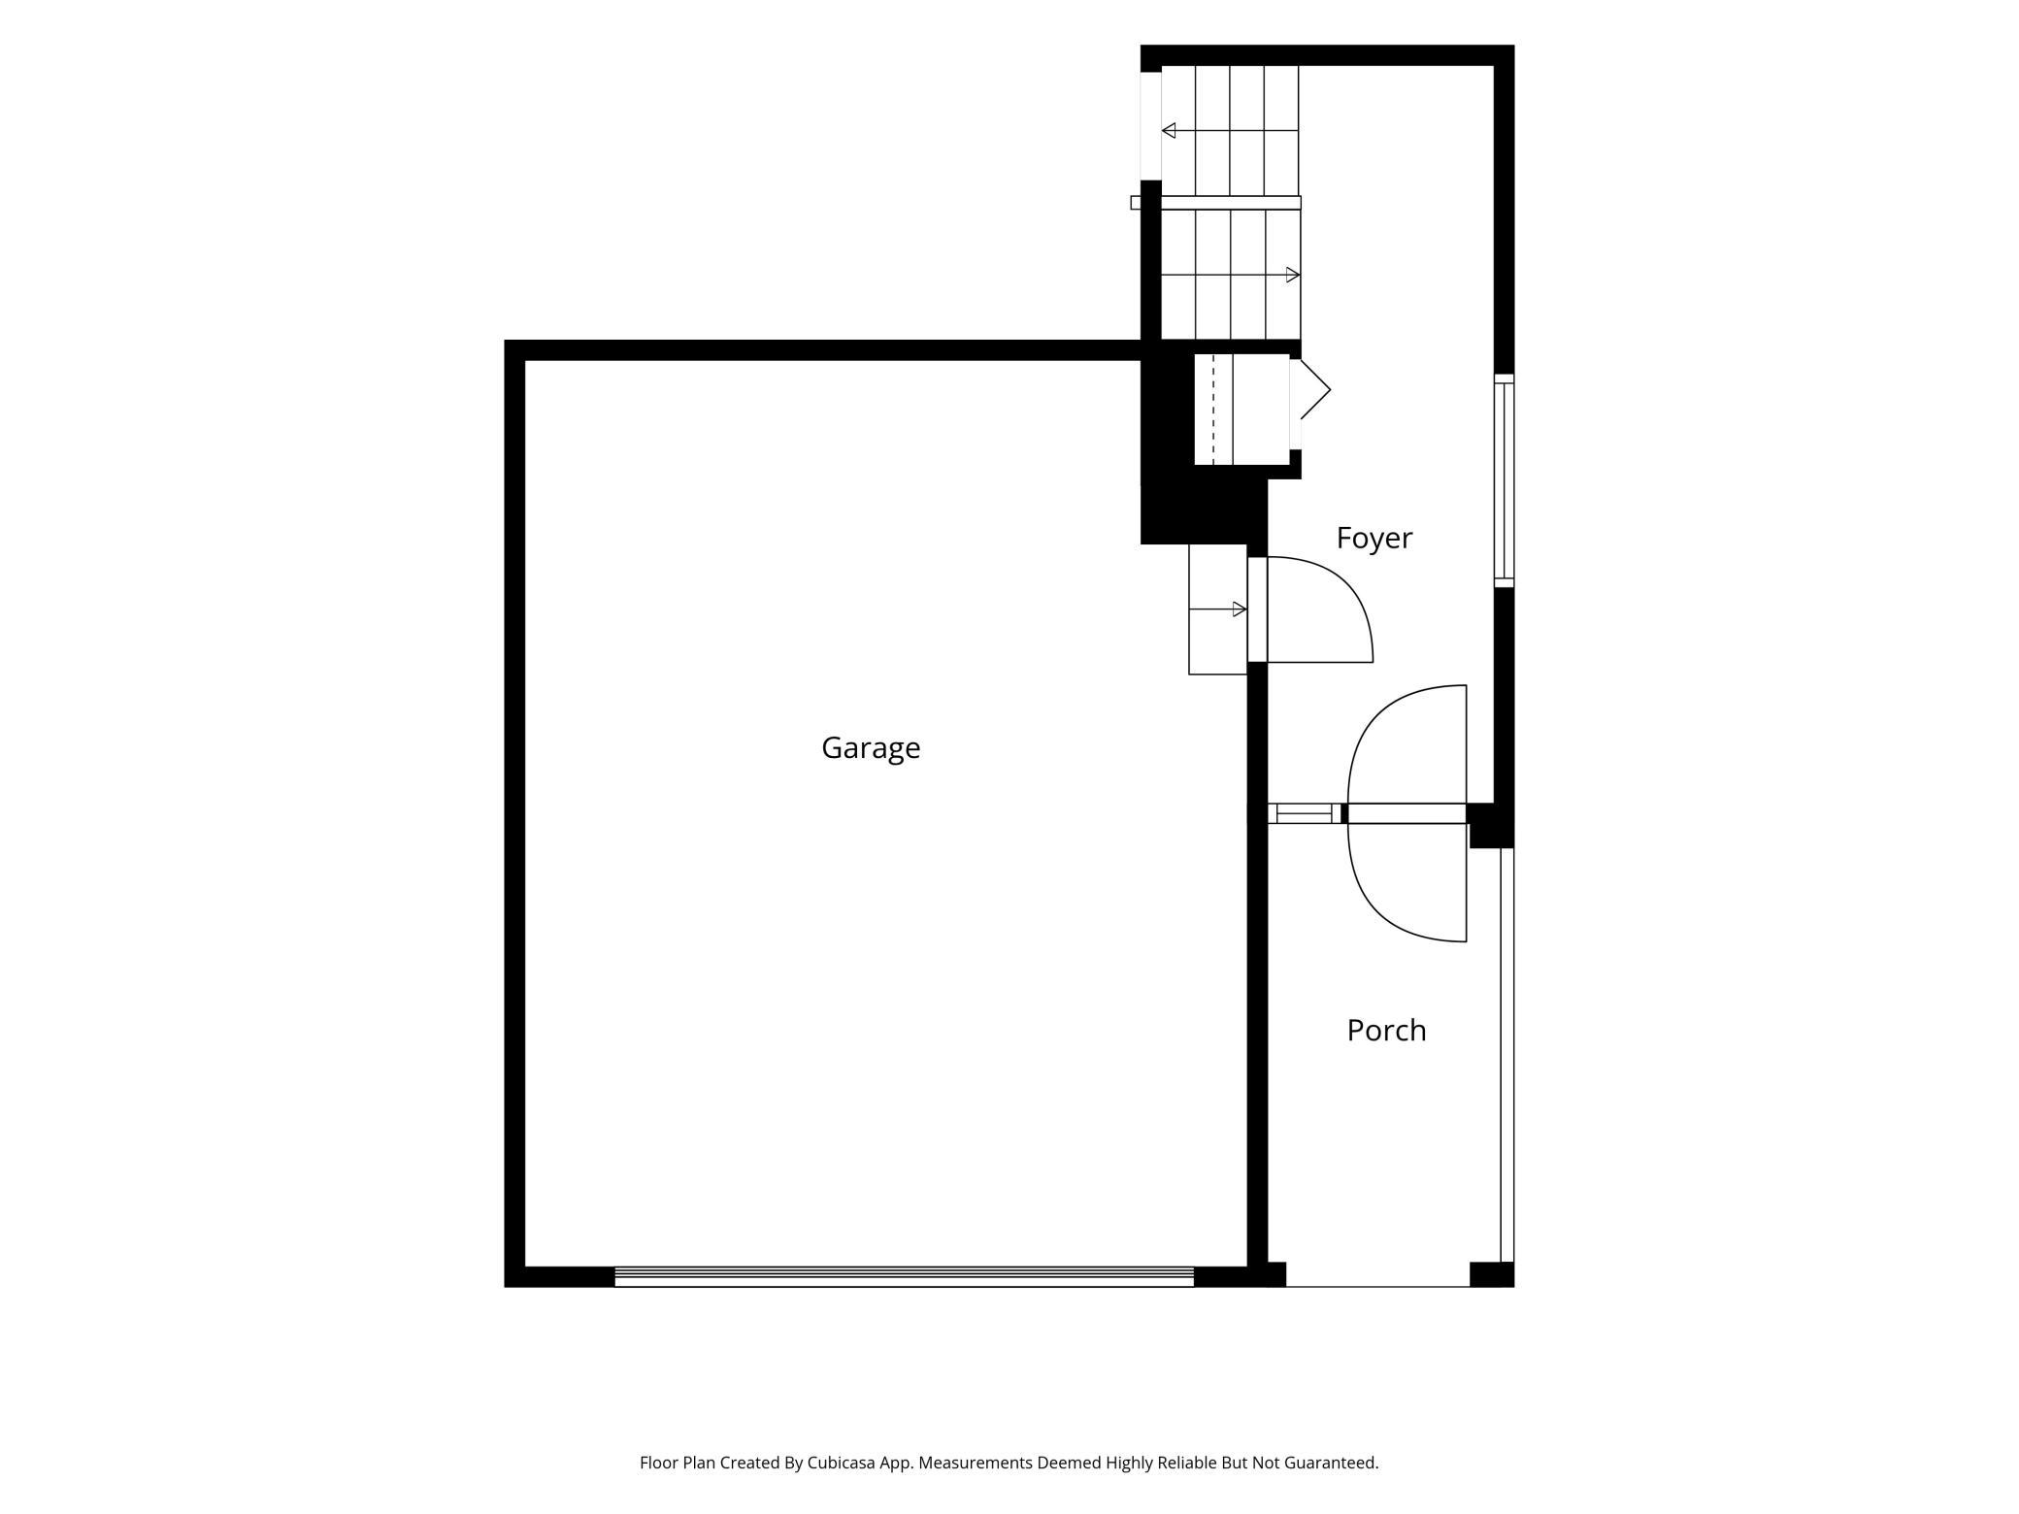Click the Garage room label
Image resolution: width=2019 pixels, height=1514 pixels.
(871, 747)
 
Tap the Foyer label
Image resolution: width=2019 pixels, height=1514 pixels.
(1374, 538)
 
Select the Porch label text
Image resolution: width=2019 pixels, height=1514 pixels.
(1386, 1030)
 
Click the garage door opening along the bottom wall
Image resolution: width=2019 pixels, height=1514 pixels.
(904, 1276)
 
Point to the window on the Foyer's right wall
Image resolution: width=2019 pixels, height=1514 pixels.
(1504, 481)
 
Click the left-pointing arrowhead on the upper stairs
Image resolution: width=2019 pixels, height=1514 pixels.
(1169, 130)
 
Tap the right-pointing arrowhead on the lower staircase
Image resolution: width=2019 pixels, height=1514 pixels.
(1293, 275)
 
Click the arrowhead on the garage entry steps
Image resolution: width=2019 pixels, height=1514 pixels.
(1240, 609)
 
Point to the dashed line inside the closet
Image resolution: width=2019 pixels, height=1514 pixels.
(1213, 409)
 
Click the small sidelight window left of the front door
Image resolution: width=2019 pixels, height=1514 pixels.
(1304, 813)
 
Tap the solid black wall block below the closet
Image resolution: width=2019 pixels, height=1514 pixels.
(1204, 510)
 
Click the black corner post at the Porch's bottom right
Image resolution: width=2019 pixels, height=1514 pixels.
(1492, 1274)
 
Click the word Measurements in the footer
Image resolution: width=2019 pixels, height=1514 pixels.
(976, 1463)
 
